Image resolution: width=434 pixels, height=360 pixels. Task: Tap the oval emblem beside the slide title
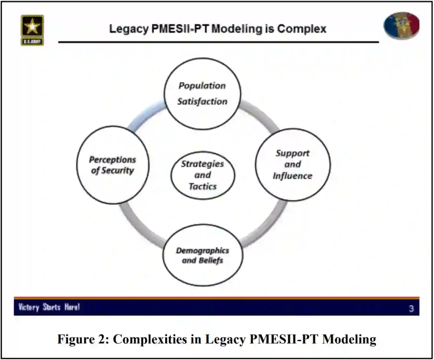pyautogui.click(x=401, y=25)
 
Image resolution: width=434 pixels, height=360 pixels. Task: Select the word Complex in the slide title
pyautogui.click(x=301, y=29)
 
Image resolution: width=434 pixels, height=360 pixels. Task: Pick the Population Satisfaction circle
pyautogui.click(x=203, y=93)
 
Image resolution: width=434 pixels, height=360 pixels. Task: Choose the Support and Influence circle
pyautogui.click(x=293, y=165)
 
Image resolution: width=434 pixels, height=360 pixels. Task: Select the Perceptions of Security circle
pyautogui.click(x=113, y=165)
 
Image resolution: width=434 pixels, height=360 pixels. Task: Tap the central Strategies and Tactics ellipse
pyautogui.click(x=203, y=175)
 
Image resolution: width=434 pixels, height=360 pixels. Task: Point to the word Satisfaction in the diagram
pyautogui.click(x=203, y=101)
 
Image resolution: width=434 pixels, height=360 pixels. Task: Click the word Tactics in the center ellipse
pyautogui.click(x=203, y=186)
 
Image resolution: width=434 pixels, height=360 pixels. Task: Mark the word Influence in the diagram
pyautogui.click(x=293, y=176)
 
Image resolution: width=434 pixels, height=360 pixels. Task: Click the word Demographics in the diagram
pyautogui.click(x=203, y=250)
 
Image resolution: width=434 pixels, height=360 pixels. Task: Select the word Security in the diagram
pyautogui.click(x=118, y=171)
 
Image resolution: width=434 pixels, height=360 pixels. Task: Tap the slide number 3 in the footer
pyautogui.click(x=411, y=309)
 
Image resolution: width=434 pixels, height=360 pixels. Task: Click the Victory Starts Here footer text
pyautogui.click(x=49, y=308)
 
